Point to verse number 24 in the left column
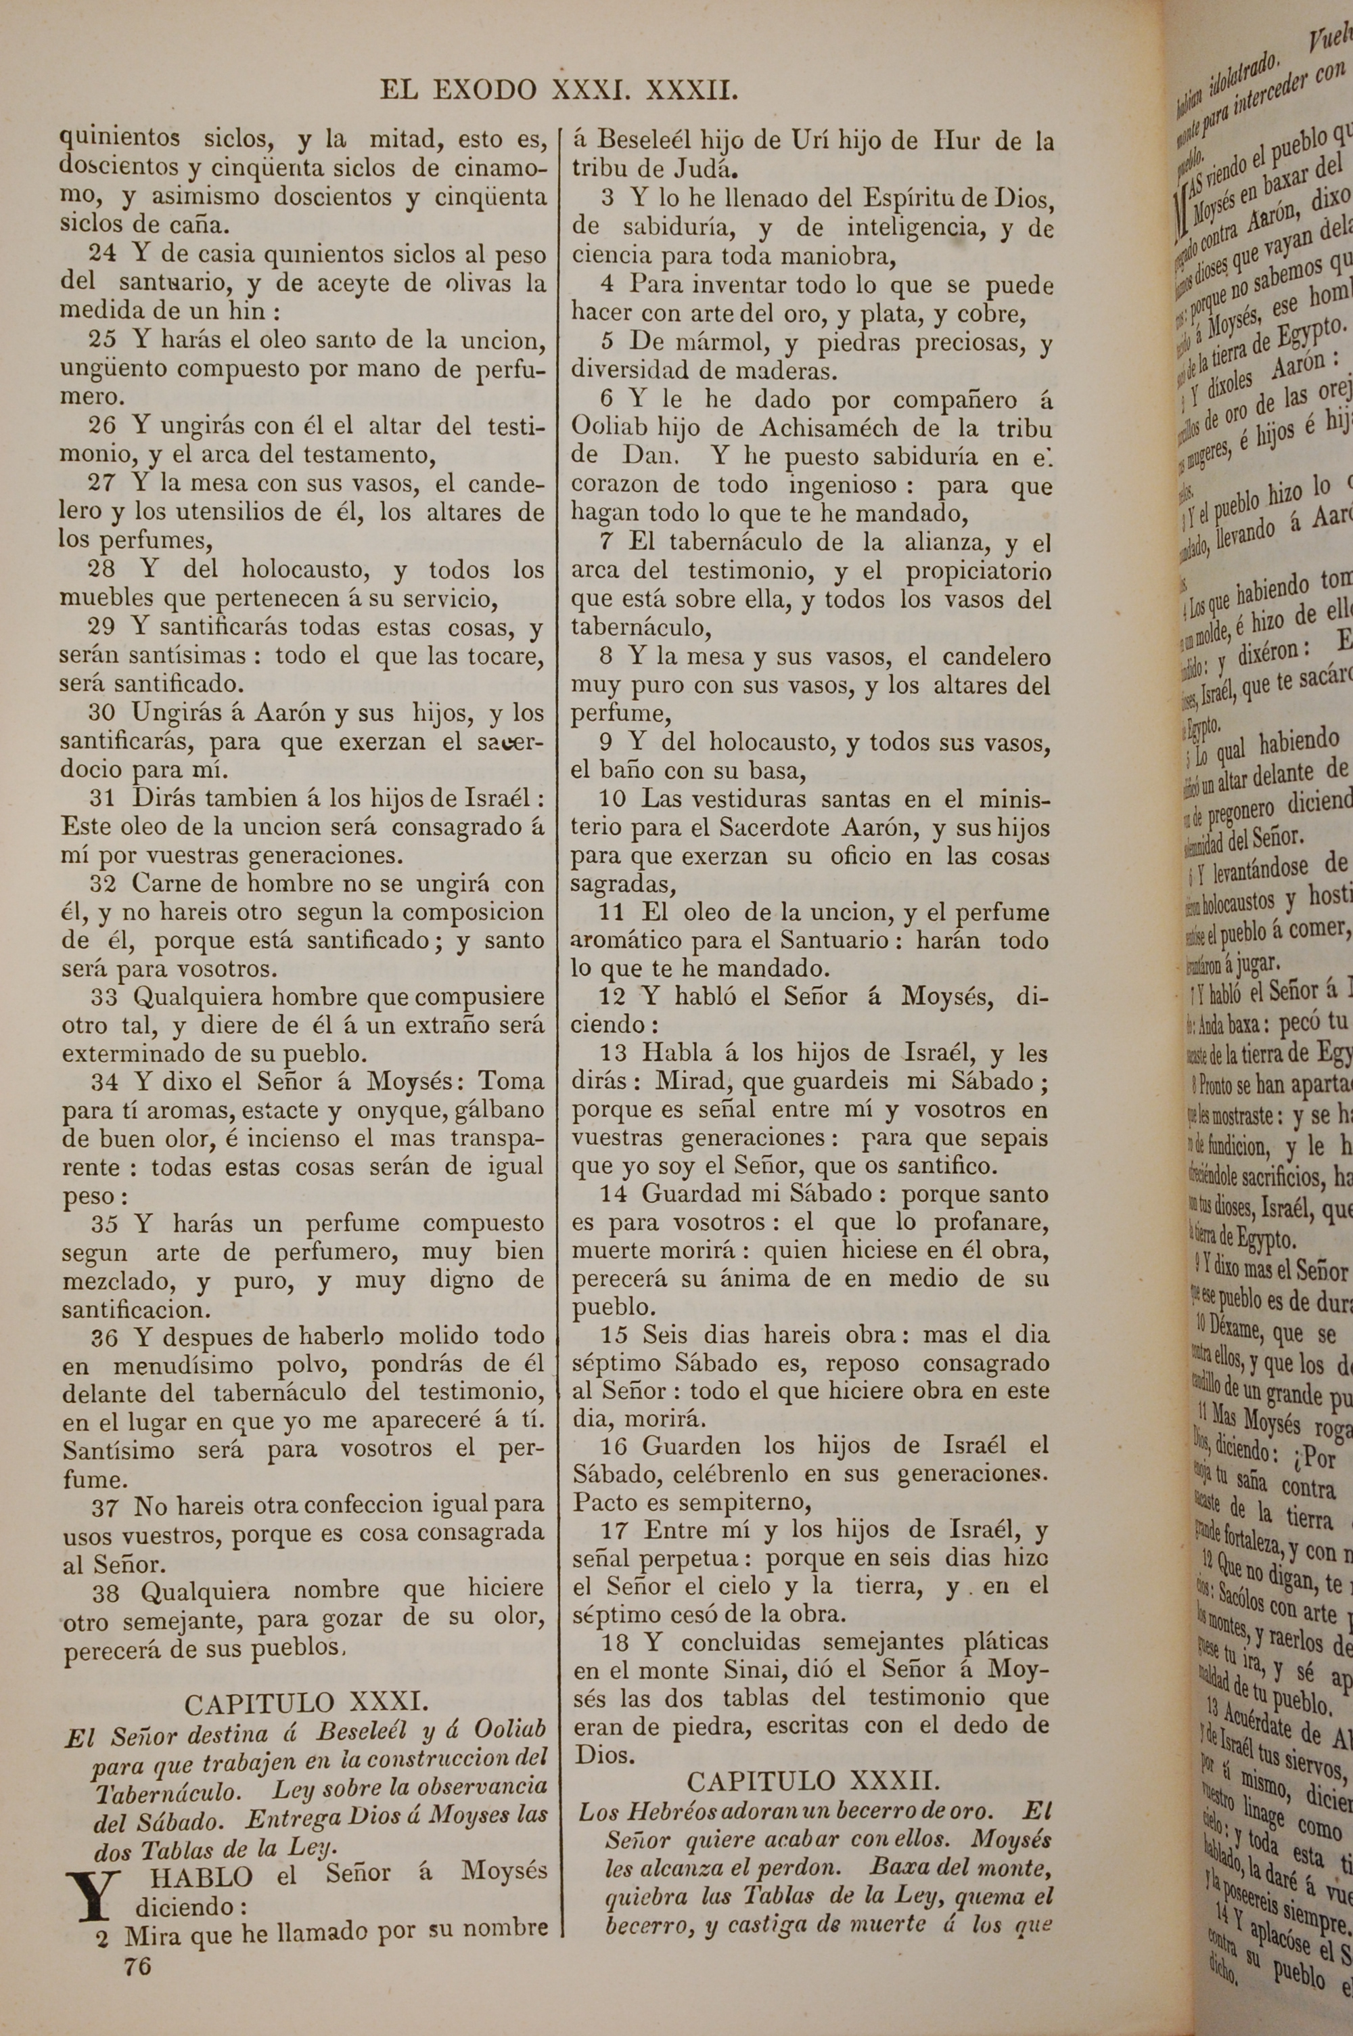104,255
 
